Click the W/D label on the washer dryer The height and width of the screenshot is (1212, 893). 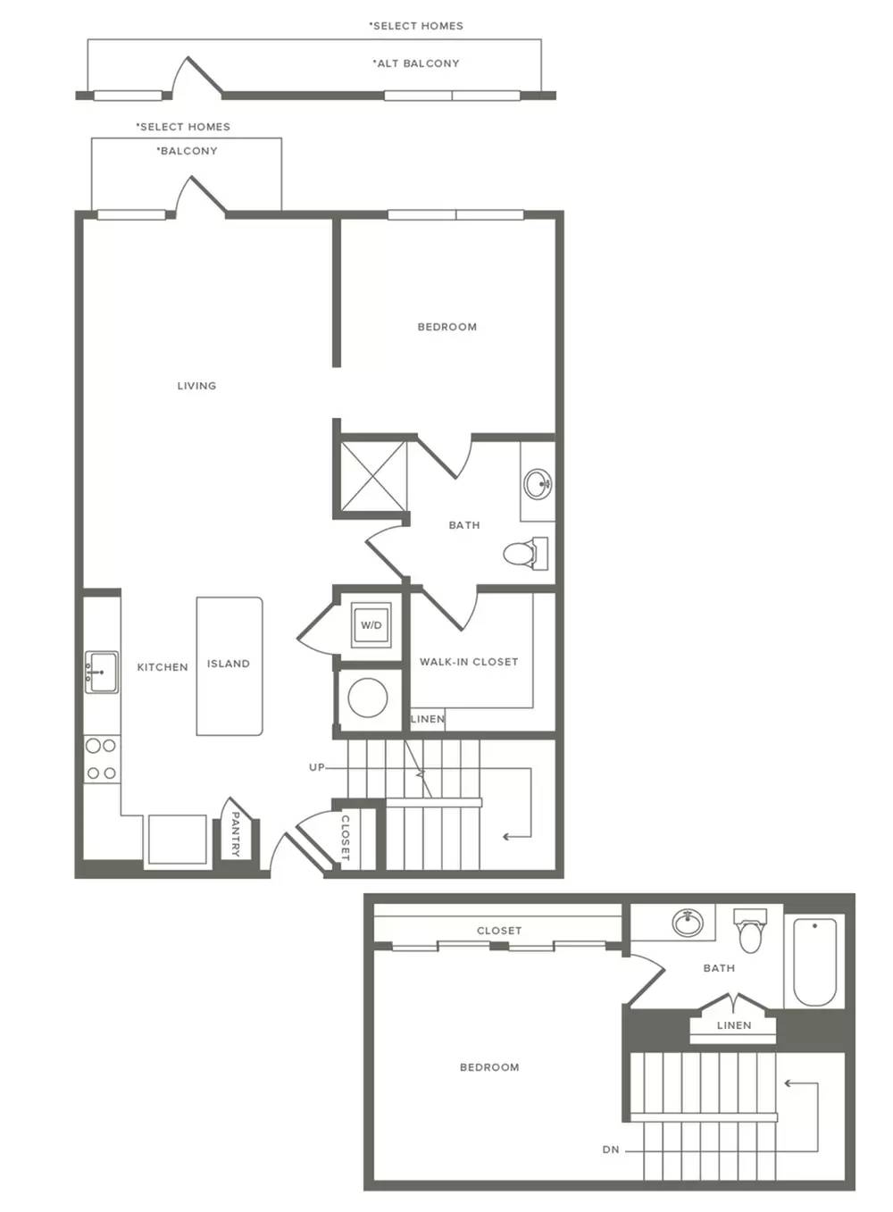point(371,625)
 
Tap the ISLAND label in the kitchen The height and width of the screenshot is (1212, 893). point(229,664)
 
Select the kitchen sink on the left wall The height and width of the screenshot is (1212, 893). point(102,672)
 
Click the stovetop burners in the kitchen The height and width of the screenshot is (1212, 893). point(102,759)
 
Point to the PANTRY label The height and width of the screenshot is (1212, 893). point(235,834)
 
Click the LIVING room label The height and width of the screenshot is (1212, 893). point(196,386)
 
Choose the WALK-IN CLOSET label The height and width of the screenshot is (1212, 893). point(469,662)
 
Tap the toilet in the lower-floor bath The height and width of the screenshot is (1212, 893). point(526,553)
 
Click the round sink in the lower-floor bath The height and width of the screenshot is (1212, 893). point(538,483)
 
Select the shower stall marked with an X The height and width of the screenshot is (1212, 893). point(373,476)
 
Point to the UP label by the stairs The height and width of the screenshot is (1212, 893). point(316,767)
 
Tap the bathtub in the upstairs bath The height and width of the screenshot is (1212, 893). point(814,962)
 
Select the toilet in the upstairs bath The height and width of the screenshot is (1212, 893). point(750,930)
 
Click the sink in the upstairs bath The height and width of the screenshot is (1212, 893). point(688,923)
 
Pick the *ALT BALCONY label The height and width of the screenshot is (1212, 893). point(416,63)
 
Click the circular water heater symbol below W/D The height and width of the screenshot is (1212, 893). point(368,698)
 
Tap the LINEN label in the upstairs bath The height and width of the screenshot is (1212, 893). point(734,1025)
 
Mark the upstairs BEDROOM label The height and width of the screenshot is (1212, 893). point(489,1067)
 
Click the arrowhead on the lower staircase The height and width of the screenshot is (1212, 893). point(506,837)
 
